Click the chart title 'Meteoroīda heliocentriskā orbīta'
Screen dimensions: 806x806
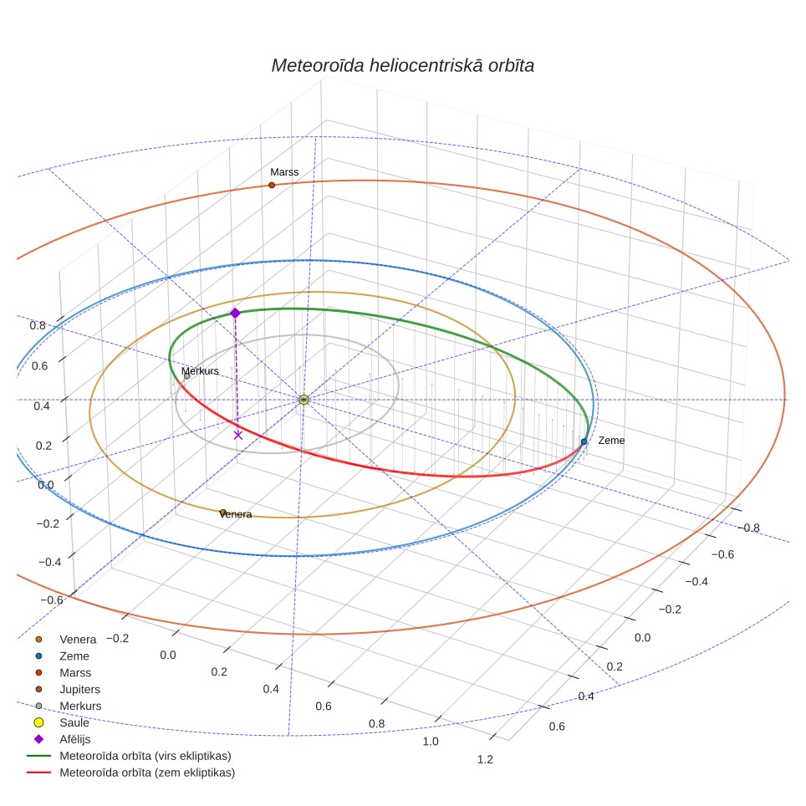tap(402, 66)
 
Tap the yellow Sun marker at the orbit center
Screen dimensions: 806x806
tap(304, 400)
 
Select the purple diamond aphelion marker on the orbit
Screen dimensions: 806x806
tap(235, 313)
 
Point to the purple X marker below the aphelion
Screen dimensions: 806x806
tap(238, 436)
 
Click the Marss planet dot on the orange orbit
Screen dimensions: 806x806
tap(272, 185)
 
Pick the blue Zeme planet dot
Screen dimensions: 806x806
tap(584, 441)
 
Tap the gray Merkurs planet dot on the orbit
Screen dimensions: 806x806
tap(187, 376)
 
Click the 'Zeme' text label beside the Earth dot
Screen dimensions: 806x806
tap(611, 441)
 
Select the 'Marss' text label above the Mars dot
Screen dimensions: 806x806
tap(284, 172)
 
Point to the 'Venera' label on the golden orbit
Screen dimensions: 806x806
tap(236, 514)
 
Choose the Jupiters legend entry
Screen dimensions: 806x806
tap(68, 689)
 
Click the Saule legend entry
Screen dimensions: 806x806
tap(61, 722)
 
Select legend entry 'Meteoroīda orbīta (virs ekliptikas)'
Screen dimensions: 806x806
tap(129, 756)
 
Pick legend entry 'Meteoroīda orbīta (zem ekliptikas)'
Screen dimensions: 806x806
tap(130, 773)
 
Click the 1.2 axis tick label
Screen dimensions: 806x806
tap(485, 759)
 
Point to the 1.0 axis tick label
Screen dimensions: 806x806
tap(431, 742)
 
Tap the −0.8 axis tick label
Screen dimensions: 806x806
tap(748, 528)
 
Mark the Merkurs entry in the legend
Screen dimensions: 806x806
tap(68, 706)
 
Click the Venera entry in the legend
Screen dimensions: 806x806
tap(65, 640)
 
